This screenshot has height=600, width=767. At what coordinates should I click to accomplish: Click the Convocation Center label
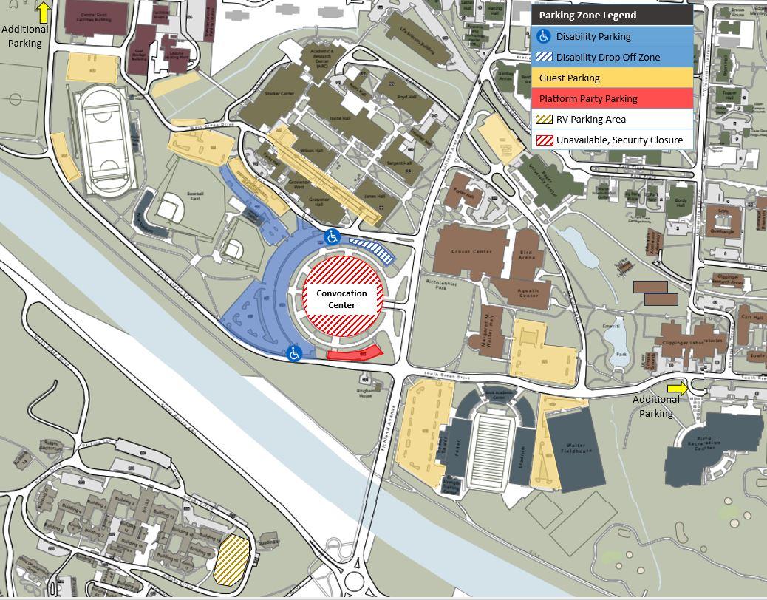(341, 299)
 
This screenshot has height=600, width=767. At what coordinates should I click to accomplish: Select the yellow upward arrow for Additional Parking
(44, 12)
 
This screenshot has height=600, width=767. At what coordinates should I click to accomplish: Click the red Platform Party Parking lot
(355, 353)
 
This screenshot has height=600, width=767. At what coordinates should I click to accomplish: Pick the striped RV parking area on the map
(232, 559)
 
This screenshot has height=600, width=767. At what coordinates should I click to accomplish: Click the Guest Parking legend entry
(612, 78)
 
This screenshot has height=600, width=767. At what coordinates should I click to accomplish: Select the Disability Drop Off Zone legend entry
(612, 57)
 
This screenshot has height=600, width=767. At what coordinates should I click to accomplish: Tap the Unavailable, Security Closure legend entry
(612, 140)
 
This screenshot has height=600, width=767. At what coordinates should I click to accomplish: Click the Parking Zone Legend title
(587, 15)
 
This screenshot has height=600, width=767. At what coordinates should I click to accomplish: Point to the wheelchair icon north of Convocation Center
(332, 237)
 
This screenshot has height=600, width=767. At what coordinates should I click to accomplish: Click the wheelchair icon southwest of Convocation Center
(295, 354)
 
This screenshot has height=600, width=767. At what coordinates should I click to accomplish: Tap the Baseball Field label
(196, 195)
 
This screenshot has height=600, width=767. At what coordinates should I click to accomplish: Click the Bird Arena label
(527, 255)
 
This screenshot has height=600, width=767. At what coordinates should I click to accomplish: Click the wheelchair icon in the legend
(543, 36)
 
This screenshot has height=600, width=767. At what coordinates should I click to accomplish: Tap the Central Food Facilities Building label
(97, 16)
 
